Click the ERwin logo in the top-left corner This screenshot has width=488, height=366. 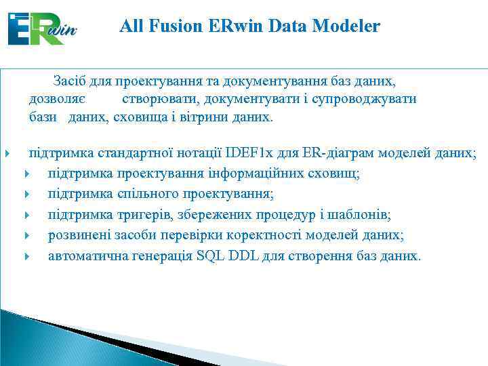pyautogui.click(x=42, y=28)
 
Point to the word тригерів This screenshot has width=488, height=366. pyautogui.click(x=142, y=215)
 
